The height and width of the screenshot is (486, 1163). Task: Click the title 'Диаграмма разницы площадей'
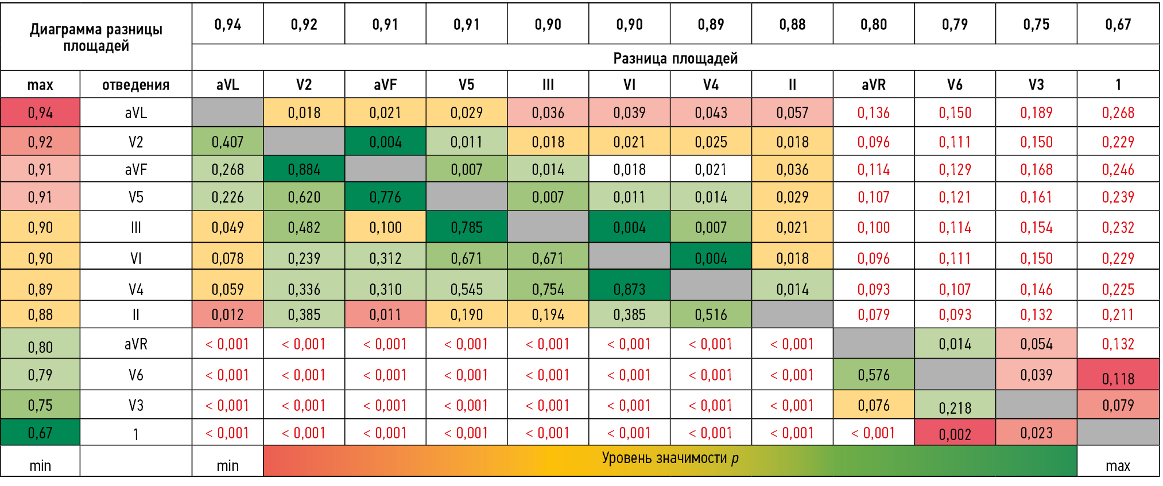tap(96, 37)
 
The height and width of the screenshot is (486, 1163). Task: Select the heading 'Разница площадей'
tap(675, 59)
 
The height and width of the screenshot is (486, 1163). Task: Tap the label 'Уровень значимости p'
tap(670, 458)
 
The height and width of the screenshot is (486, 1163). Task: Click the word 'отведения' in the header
tap(135, 85)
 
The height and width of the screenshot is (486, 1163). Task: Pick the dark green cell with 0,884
tap(304, 169)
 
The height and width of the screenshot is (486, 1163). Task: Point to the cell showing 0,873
tap(629, 289)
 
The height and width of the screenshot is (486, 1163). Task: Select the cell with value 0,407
tap(227, 142)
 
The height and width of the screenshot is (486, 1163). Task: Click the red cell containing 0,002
tap(955, 434)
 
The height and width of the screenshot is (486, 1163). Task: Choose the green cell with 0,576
tap(873, 375)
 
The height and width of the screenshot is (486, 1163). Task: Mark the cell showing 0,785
tap(466, 228)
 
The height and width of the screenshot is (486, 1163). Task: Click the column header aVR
tap(873, 85)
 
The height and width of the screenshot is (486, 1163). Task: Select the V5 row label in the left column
tap(135, 197)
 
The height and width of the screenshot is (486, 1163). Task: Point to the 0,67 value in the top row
tap(1118, 25)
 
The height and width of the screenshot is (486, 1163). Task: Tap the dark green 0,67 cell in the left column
tap(40, 433)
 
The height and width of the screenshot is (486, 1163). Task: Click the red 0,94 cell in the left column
tap(40, 112)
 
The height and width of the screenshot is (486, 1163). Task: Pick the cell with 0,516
tap(711, 314)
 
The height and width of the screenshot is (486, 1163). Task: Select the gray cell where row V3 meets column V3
tap(1036, 405)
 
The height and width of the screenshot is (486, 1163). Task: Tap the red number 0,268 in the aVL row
tap(1118, 112)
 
